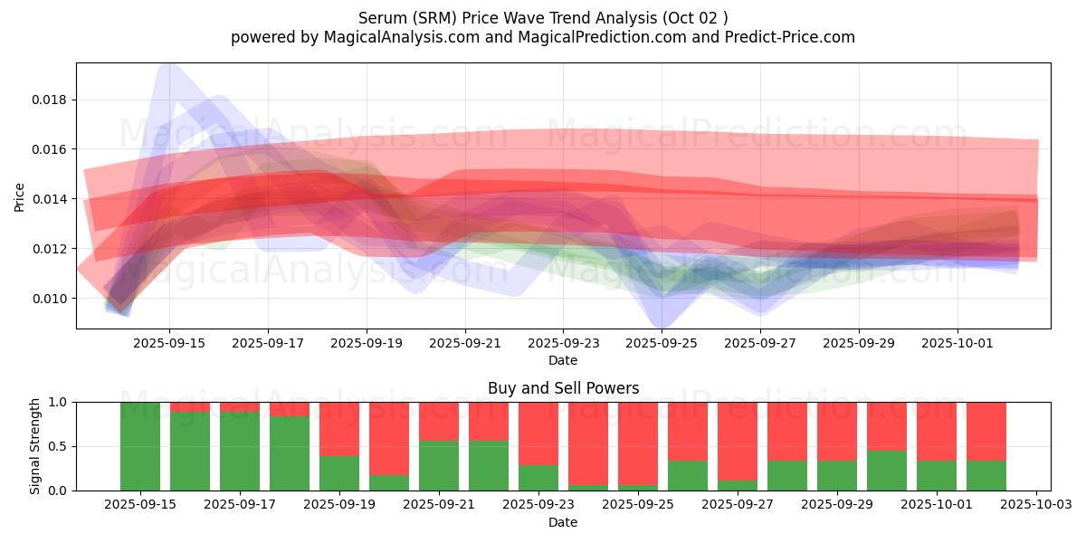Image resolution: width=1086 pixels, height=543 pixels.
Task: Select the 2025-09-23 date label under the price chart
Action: point(563,344)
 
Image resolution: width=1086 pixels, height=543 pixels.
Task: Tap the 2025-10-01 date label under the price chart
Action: point(957,344)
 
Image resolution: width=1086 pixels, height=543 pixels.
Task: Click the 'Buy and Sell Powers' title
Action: point(563,388)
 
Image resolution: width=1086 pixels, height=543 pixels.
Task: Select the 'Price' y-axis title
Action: point(20,196)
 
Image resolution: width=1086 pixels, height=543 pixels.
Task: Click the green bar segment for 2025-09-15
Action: point(140,446)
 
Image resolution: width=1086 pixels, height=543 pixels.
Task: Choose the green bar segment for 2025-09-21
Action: point(439,465)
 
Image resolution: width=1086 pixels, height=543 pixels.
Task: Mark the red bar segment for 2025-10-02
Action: point(986,431)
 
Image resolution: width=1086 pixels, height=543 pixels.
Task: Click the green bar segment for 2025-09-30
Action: point(887,471)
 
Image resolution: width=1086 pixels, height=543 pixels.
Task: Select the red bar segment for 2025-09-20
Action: point(389,439)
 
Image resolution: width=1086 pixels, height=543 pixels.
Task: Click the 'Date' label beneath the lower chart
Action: point(563,522)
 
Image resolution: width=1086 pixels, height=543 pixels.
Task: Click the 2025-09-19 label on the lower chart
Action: point(339,505)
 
